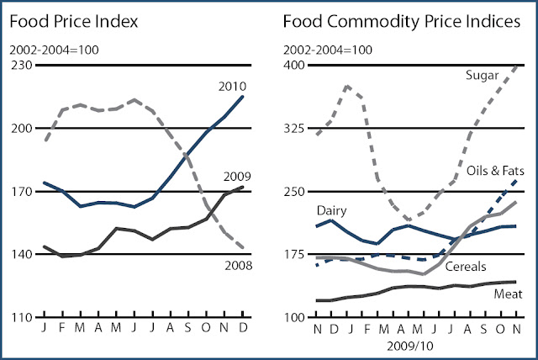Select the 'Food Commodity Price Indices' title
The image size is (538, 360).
(x=403, y=19)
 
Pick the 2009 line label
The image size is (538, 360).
(x=235, y=176)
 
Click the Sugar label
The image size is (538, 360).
(x=482, y=75)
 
